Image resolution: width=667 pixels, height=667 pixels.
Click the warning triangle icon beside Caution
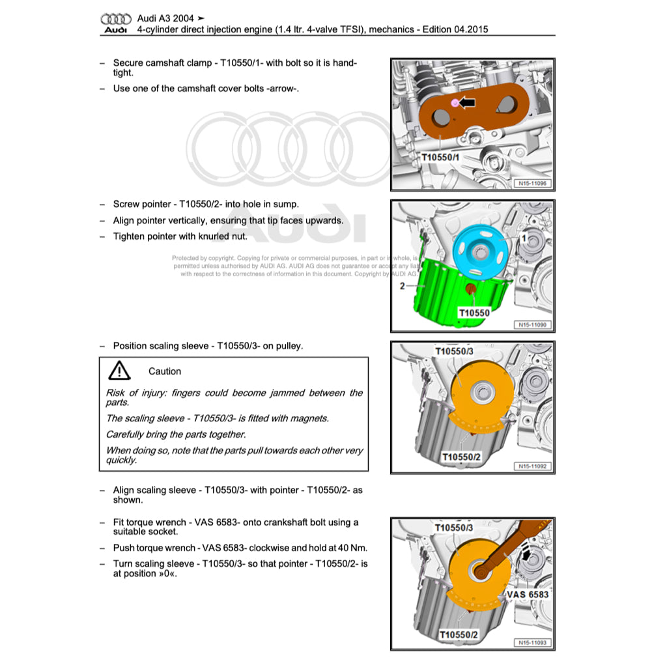(x=119, y=371)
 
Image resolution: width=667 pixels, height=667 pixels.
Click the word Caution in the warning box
(x=165, y=371)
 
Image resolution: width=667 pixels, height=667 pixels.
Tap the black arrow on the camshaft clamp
(x=466, y=102)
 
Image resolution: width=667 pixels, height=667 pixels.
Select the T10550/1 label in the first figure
(x=440, y=157)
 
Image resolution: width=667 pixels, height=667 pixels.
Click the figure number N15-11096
(x=532, y=184)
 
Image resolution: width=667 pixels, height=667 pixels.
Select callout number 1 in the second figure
(x=522, y=238)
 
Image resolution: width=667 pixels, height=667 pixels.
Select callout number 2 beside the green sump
(x=402, y=285)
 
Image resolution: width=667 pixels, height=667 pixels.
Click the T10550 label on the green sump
(x=474, y=313)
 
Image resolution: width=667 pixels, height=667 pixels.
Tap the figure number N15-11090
(x=532, y=324)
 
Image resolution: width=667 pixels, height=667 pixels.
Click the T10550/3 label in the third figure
(x=454, y=351)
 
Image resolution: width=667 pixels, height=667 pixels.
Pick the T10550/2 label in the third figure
(x=461, y=457)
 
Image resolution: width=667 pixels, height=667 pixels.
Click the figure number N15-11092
(x=532, y=466)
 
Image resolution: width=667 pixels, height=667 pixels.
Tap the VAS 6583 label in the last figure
(x=527, y=594)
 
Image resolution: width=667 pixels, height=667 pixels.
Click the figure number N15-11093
(x=532, y=643)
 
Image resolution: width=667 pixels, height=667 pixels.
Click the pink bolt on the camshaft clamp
(x=455, y=103)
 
